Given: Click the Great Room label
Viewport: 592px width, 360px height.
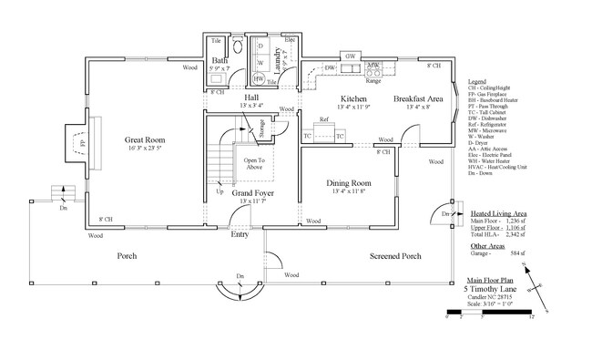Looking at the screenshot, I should pos(144,140).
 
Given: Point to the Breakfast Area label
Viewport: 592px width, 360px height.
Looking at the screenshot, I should pos(417,98).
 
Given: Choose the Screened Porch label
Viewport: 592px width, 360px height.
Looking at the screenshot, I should pos(394,256).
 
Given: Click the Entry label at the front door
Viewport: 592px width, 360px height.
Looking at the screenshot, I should pos(240,235).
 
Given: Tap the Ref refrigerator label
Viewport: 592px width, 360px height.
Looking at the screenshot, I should pos(323,120).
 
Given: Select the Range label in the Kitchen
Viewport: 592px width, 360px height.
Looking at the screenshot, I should pos(373,79).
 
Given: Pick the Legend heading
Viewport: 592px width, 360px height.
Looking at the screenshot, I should pos(476,81).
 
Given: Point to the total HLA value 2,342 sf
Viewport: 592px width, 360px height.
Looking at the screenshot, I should pos(515,235).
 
